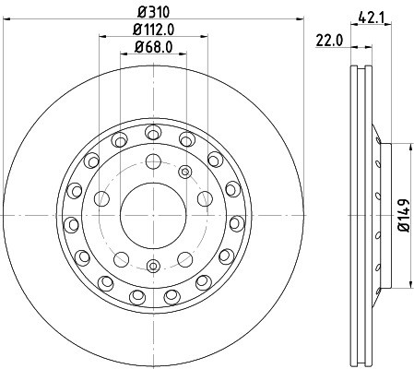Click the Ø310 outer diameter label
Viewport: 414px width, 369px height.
click(x=153, y=12)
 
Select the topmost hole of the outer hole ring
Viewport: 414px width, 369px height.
click(x=153, y=133)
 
